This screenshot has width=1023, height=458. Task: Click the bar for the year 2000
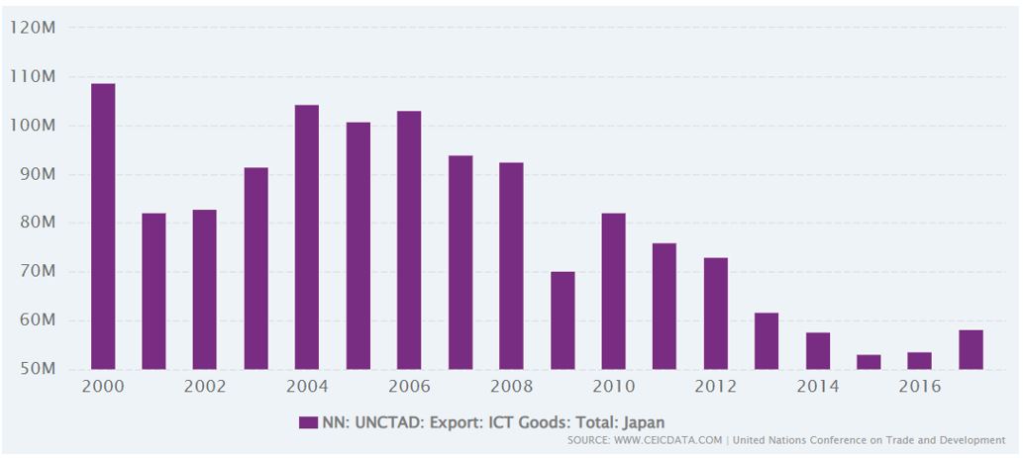coord(103,227)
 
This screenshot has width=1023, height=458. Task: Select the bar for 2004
coord(307,237)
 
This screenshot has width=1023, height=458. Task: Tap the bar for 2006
coord(409,239)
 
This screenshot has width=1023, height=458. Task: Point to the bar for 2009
coord(563,321)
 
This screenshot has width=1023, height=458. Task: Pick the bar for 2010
coord(613,291)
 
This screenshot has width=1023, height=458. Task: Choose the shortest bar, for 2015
coord(869,362)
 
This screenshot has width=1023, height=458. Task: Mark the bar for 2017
coord(971,350)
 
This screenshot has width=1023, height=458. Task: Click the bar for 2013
coord(767,340)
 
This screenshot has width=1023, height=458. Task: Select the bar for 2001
coord(153,291)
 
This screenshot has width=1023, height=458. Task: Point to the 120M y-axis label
coord(32,28)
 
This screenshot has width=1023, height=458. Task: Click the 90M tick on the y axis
coord(37,175)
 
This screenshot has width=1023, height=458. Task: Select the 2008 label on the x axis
coord(511,387)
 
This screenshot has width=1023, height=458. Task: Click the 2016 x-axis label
coord(919,387)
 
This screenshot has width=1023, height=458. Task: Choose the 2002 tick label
coord(205,387)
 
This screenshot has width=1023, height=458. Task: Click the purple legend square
coord(308,422)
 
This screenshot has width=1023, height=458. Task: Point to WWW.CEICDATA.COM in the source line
coord(668,440)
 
